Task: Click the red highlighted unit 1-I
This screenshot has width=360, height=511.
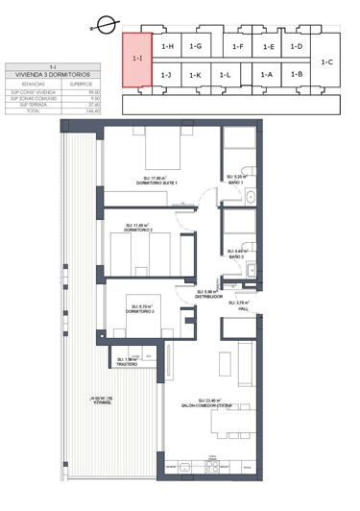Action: click(x=136, y=60)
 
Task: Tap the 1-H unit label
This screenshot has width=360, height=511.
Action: click(x=167, y=46)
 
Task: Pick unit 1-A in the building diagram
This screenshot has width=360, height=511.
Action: click(x=267, y=74)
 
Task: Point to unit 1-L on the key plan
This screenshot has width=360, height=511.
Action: click(x=226, y=74)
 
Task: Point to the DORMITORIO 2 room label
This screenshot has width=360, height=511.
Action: click(x=140, y=231)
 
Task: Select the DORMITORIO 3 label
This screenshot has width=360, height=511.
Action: click(x=140, y=312)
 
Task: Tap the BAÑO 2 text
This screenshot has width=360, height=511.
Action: click(x=236, y=257)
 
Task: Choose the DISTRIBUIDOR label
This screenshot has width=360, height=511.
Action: click(x=209, y=297)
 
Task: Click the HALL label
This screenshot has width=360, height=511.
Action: click(x=243, y=308)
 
